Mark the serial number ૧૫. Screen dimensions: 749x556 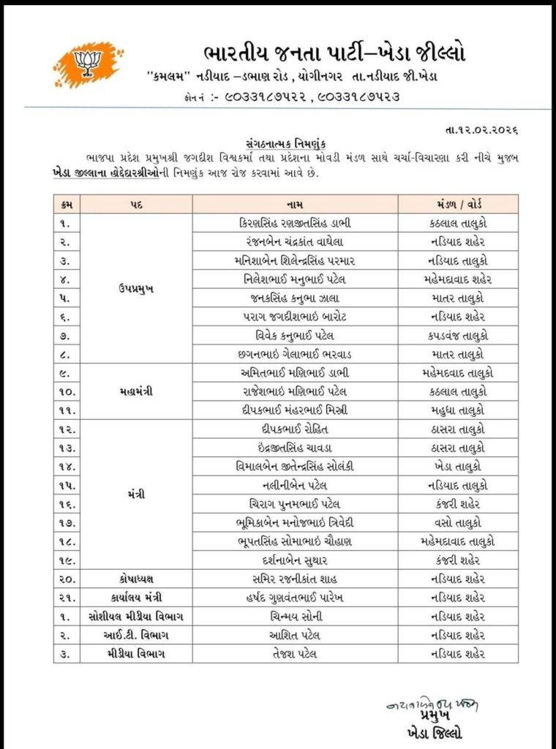coord(69,485)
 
